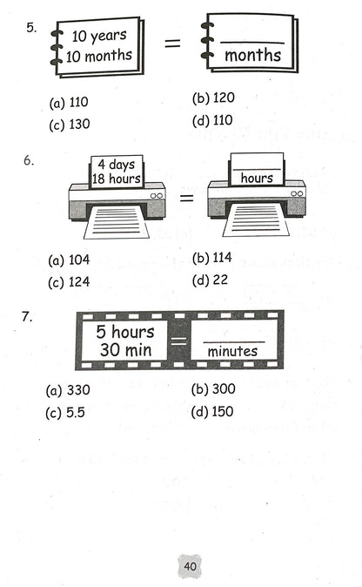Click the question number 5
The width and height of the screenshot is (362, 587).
point(31,28)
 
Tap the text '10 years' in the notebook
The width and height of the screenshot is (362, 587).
point(99,36)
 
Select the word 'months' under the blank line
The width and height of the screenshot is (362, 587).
point(252,55)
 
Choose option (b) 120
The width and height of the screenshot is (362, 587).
point(213,98)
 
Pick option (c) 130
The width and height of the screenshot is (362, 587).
point(70,125)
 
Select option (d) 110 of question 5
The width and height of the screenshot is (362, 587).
point(212,120)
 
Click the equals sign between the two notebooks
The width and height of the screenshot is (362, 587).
point(172,43)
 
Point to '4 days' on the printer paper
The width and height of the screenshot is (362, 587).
point(117,165)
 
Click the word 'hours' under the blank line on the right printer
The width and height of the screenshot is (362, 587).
point(257,178)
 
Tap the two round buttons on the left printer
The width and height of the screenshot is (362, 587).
point(157,196)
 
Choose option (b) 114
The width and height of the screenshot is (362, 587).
point(212,258)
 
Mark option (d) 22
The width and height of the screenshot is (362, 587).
point(210,280)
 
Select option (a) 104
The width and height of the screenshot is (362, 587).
point(69,260)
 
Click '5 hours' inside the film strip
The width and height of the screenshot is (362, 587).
point(125,332)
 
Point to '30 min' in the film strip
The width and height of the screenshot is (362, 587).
point(125,349)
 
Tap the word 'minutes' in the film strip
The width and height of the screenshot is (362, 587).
point(232,351)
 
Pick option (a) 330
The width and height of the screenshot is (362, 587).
point(68,390)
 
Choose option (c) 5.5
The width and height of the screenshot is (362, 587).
point(65,413)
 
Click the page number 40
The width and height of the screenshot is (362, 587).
point(190,566)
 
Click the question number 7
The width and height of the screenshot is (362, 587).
point(27,317)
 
